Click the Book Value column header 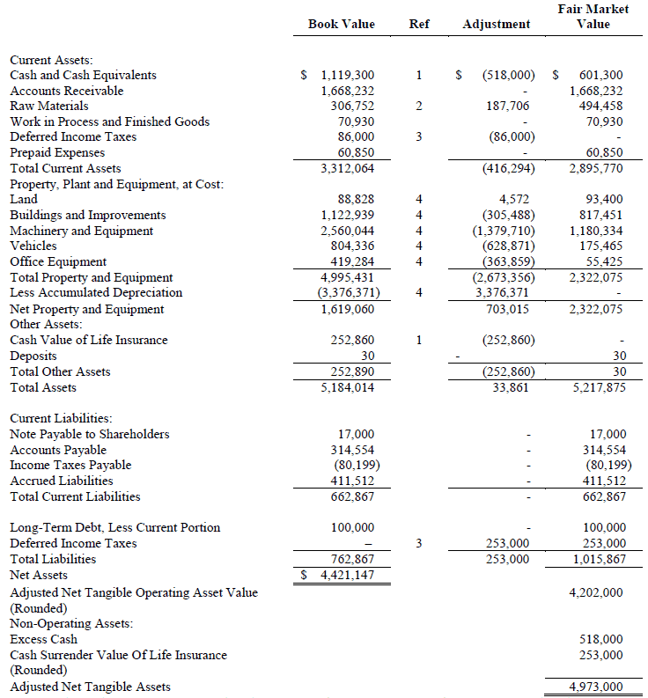point(341,24)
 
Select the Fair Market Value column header point(593,17)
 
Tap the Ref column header point(419,24)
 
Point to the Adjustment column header point(497,24)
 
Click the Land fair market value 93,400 point(604,200)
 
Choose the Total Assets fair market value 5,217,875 point(598,388)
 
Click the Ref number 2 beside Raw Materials point(419,107)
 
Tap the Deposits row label point(33,356)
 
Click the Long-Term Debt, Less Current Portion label point(114,528)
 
